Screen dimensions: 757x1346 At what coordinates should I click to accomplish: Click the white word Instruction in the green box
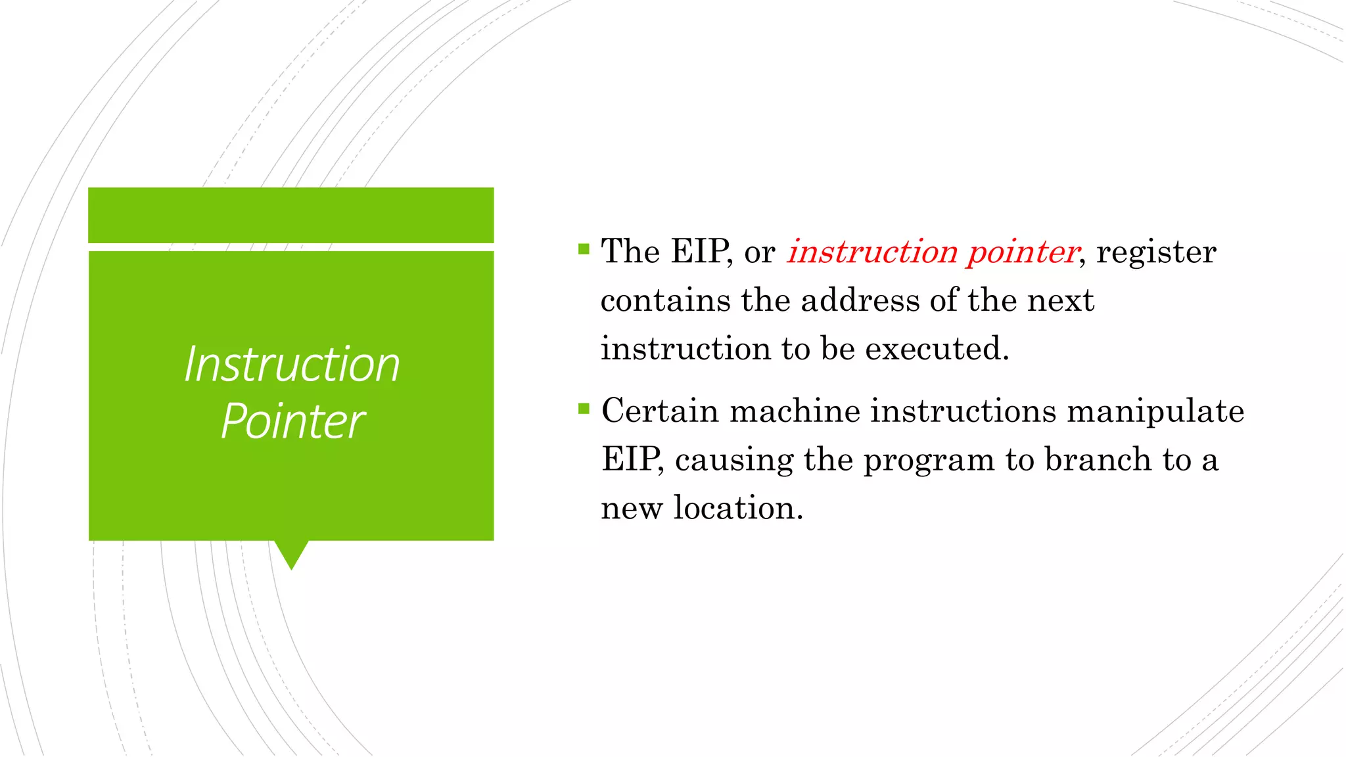pyautogui.click(x=292, y=365)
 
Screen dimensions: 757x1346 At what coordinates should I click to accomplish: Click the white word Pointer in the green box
pyautogui.click(x=292, y=422)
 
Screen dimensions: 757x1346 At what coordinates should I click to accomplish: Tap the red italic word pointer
pyautogui.click(x=1023, y=252)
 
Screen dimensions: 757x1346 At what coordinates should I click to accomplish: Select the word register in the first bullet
pyautogui.click(x=1156, y=252)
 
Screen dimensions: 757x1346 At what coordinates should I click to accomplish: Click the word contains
pyautogui.click(x=665, y=301)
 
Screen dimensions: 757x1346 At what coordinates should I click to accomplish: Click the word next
pyautogui.click(x=1060, y=301)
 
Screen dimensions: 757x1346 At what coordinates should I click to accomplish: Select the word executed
pyautogui.click(x=936, y=349)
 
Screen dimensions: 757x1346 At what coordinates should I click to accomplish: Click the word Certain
pyautogui.click(x=660, y=411)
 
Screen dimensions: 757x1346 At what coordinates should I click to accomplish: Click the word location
pyautogui.click(x=737, y=508)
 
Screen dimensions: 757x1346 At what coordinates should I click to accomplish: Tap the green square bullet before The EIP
pyautogui.click(x=584, y=249)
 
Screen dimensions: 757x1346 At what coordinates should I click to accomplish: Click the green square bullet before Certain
pyautogui.click(x=584, y=409)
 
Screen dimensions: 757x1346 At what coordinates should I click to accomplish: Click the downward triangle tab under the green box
pyautogui.click(x=291, y=553)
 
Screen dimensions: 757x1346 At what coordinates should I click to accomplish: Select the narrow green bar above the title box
pyautogui.click(x=291, y=215)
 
